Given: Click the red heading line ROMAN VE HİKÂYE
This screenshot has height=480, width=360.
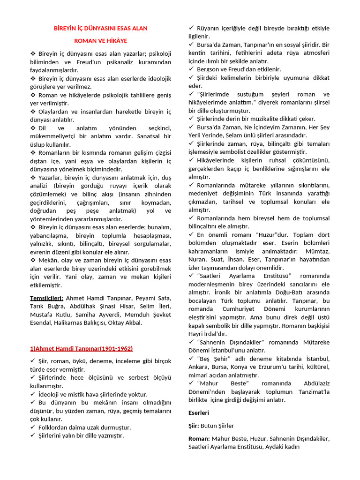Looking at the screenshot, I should [100, 41].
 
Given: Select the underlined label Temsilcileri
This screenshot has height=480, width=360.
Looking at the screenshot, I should [47, 298].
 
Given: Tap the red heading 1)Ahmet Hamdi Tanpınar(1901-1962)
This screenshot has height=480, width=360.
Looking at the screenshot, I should [81, 348].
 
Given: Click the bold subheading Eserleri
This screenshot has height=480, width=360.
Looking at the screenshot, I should [199, 412].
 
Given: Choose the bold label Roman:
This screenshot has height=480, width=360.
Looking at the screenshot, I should [199, 439].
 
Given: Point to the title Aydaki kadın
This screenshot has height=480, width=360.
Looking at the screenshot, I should [282, 447].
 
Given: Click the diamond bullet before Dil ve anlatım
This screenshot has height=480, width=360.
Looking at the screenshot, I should [33, 127].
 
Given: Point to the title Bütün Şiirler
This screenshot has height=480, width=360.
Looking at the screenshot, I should [217, 426].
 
